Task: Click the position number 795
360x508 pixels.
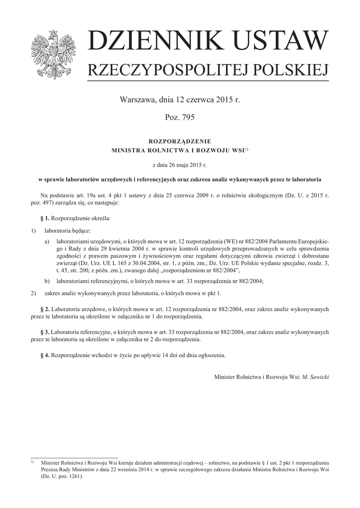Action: tap(188, 118)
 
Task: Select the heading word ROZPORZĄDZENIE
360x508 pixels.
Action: tap(180, 141)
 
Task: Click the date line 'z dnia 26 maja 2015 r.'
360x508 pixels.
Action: tap(180, 164)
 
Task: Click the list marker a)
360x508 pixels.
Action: tap(47, 241)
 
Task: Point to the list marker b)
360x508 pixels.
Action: tap(47, 281)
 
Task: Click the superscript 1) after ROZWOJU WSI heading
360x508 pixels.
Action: tap(246, 148)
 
